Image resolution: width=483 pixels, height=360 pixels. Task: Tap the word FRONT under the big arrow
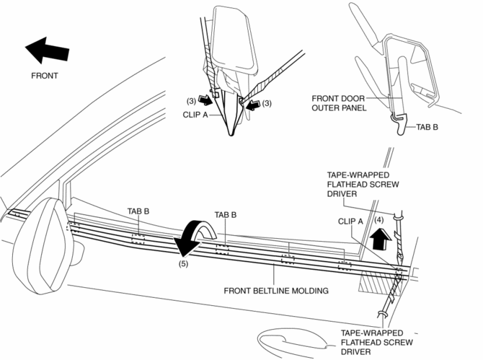tap(45, 75)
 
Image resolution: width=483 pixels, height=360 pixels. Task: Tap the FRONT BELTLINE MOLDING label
tap(276, 291)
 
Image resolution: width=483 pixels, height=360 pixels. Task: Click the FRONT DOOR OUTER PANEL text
tap(339, 103)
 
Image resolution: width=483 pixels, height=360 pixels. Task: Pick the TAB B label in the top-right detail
tap(427, 126)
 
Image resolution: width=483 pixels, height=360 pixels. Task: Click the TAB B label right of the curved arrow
tap(226, 215)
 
